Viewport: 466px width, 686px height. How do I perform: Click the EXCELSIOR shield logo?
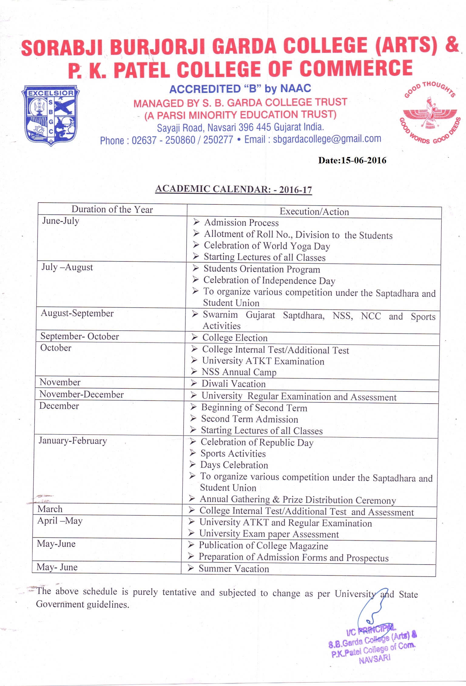tap(51, 115)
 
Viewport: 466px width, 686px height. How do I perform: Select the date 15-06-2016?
tap(363, 160)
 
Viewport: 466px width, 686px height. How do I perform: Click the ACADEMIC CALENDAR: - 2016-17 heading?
tap(233, 189)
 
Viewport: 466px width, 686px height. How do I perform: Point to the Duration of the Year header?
tap(112, 210)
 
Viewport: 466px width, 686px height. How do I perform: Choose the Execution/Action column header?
tap(314, 212)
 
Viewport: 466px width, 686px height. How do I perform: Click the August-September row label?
tap(77, 313)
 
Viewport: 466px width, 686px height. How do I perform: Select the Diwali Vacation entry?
tap(233, 384)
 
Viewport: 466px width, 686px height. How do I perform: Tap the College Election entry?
tap(235, 338)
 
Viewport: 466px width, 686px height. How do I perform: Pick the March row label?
tap(50, 509)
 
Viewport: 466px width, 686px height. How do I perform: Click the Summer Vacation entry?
tap(234, 569)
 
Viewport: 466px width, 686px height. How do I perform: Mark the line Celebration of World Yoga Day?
tap(267, 246)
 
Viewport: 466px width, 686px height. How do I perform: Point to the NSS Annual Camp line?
tap(239, 372)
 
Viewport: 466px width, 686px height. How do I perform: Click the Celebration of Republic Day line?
tap(257, 442)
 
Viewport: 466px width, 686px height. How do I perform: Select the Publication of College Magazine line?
tap(263, 546)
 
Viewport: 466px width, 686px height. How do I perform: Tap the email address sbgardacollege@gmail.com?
tap(327, 139)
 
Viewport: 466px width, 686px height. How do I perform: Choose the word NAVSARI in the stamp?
tap(374, 658)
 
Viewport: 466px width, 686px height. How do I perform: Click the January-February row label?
tap(73, 441)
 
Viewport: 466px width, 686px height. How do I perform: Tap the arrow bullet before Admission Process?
tap(197, 222)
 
